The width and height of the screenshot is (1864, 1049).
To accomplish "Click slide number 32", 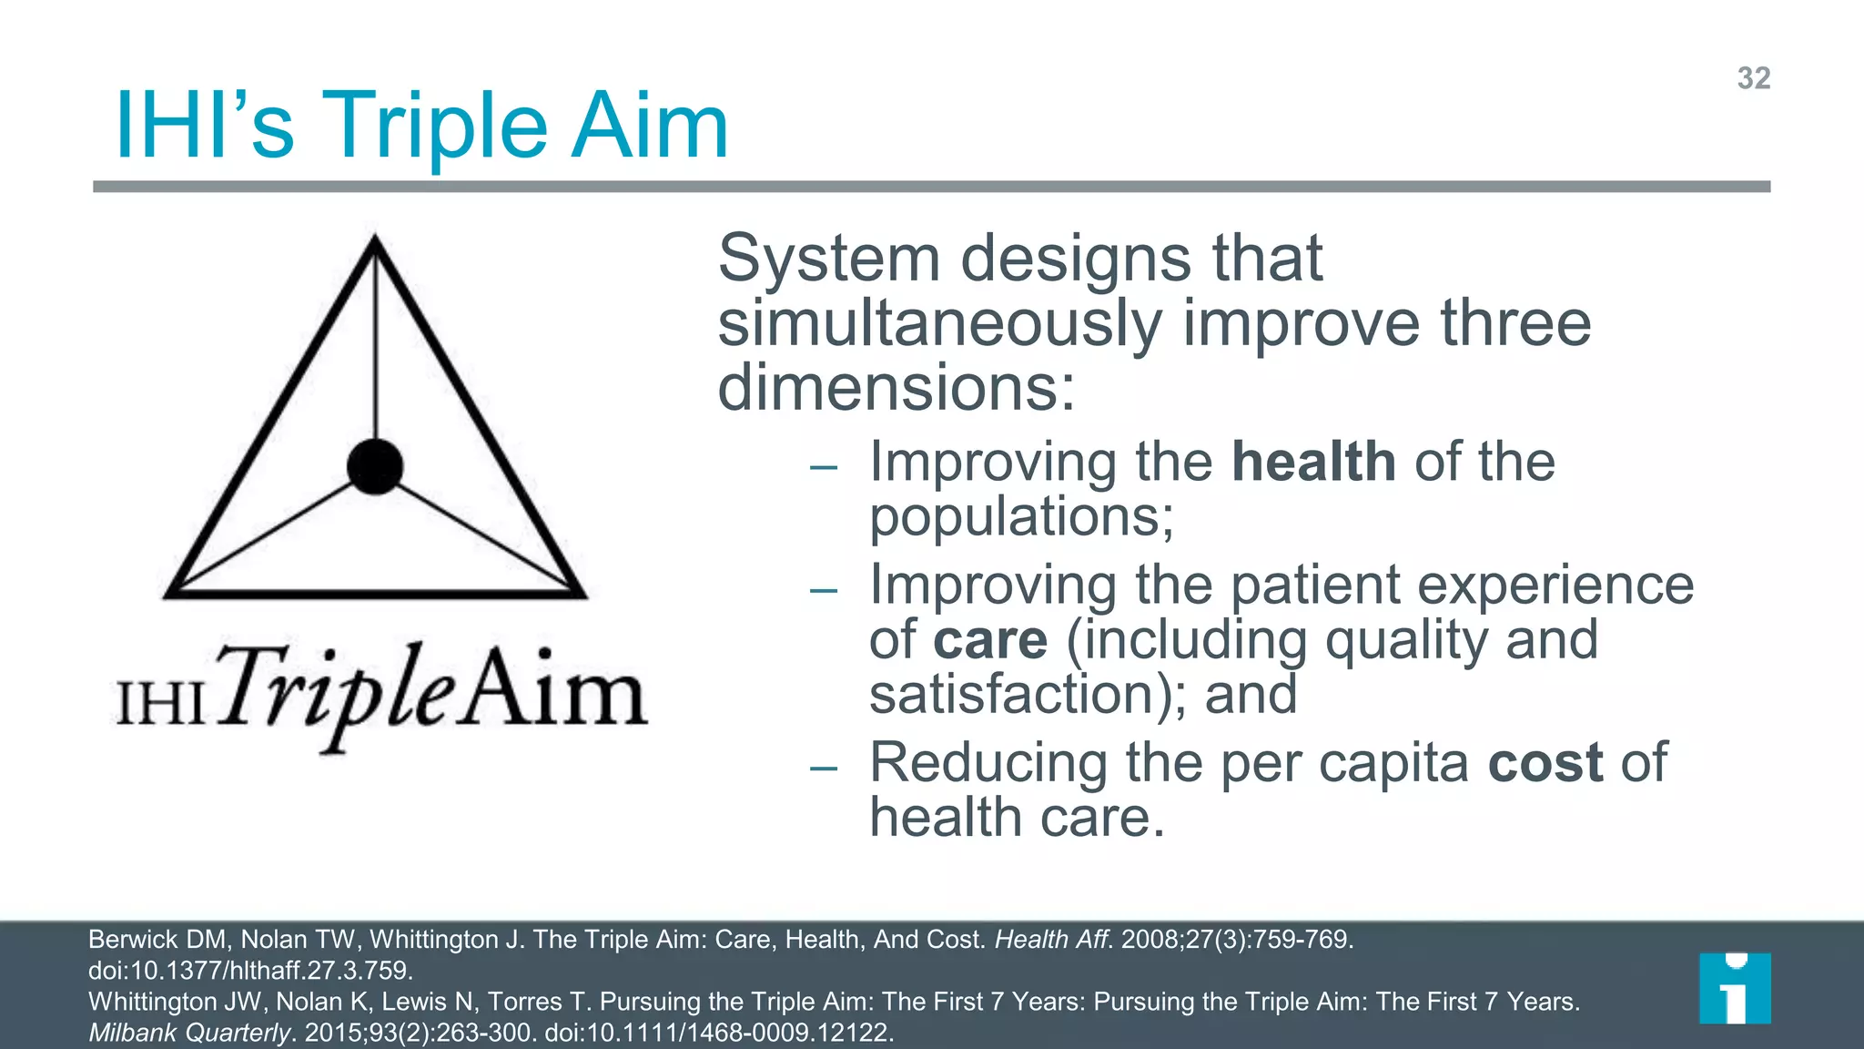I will [x=1753, y=78].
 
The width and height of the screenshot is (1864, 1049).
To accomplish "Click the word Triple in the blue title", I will [x=435, y=127].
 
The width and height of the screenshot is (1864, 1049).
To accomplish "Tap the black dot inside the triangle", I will [x=375, y=466].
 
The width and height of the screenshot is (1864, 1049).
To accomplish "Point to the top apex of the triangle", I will [x=375, y=240].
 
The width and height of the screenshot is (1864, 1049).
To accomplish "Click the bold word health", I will [x=1313, y=462].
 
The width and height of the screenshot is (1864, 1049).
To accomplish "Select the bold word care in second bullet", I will [x=990, y=640].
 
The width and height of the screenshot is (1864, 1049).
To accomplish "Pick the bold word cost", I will [x=1545, y=762].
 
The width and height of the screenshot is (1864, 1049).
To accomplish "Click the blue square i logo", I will [x=1735, y=988].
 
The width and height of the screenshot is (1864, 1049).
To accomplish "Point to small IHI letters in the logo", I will [x=161, y=704].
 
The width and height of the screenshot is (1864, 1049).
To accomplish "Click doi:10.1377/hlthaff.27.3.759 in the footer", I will [x=250, y=971].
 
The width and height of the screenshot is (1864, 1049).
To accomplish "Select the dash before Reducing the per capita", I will [x=823, y=769].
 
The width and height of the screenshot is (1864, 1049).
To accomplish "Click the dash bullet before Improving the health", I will [x=823, y=468].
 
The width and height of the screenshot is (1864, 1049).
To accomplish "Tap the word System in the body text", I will [x=828, y=259].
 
